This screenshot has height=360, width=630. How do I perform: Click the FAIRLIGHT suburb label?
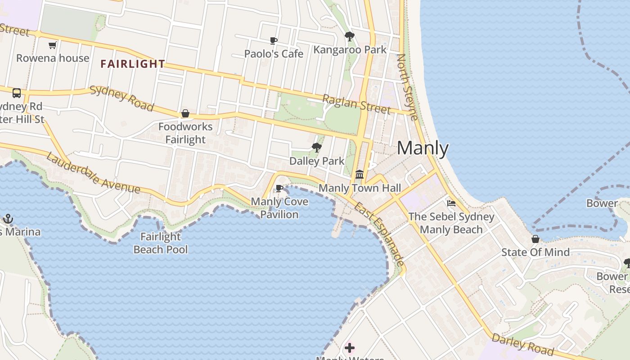133,64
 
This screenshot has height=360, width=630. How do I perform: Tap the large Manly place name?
423,148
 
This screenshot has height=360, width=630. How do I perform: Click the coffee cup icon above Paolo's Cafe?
273,41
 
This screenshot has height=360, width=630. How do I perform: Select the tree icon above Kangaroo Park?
349,36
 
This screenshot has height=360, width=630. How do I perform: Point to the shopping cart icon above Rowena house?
52,45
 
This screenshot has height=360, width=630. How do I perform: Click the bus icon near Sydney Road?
17,93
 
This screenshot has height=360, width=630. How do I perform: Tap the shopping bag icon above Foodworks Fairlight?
185,113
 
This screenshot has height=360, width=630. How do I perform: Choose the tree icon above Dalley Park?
317,147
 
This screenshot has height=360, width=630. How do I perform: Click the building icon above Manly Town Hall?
359,174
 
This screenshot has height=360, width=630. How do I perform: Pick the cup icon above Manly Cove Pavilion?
279,188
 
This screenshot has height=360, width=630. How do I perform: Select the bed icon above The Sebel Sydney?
451,203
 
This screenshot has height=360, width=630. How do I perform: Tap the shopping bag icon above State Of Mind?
535,238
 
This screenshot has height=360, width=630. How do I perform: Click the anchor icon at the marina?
8,219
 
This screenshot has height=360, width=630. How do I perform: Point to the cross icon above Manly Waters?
349,347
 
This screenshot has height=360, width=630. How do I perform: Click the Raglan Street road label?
356,104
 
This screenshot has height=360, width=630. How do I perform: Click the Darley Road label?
522,344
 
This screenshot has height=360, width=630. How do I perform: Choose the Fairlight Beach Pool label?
161,243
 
